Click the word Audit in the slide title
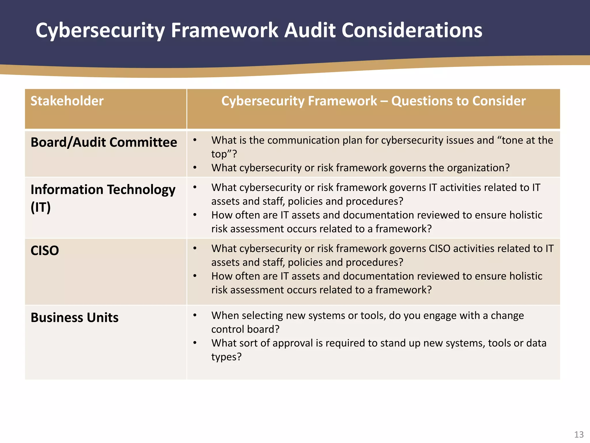point(310,30)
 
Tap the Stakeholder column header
point(67,101)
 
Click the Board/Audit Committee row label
point(104,142)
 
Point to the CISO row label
point(45,250)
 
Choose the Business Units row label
point(74,317)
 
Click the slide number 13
point(579,434)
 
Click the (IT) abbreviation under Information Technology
point(41,207)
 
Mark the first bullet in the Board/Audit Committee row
point(195,140)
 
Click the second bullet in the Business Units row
point(195,343)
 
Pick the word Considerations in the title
point(412,30)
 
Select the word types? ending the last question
point(226,357)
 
